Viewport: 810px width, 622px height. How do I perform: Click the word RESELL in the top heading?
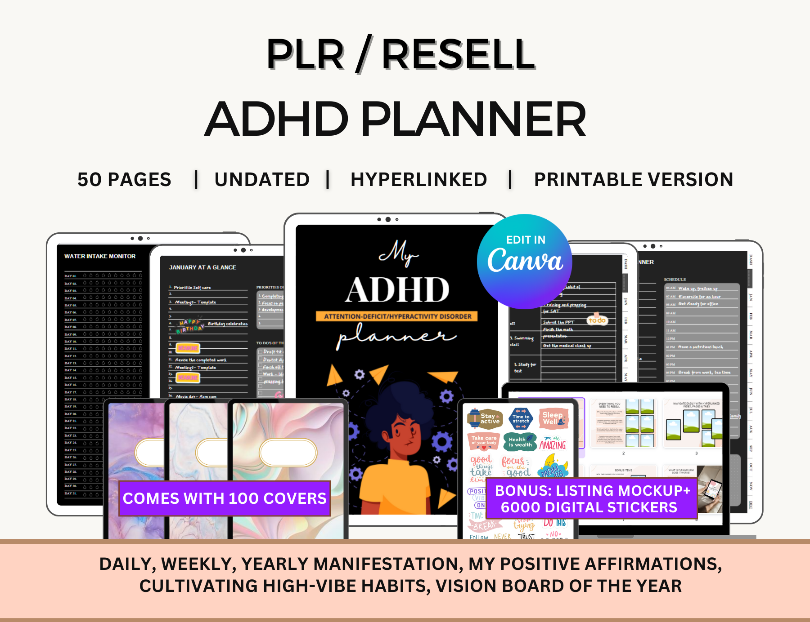coord(458,55)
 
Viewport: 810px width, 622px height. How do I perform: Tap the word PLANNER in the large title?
coord(473,119)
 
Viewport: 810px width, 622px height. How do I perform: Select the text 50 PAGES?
coord(124,180)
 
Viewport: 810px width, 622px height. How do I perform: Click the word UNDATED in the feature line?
coord(262,180)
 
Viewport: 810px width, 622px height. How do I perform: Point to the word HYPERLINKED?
coord(418,180)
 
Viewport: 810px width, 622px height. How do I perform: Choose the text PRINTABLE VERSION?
coord(633,180)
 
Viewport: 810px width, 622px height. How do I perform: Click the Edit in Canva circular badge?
coord(525,261)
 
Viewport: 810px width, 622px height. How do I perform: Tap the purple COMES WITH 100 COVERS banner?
coord(225,498)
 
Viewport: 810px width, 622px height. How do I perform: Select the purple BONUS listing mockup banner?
coord(591,499)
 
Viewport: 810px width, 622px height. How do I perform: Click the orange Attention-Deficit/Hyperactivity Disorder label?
coord(397,316)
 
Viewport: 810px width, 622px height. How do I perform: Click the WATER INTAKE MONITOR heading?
coord(100,256)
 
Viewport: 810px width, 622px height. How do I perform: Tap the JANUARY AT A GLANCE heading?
coord(202,267)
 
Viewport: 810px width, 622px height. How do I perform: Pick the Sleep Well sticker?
coord(553,418)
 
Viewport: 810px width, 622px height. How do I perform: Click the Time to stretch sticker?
coord(521,418)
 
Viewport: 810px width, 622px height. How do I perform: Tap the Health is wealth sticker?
coord(520,442)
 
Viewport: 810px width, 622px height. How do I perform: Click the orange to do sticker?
coord(597,320)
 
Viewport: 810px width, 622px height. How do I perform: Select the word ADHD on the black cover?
coord(397,290)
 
